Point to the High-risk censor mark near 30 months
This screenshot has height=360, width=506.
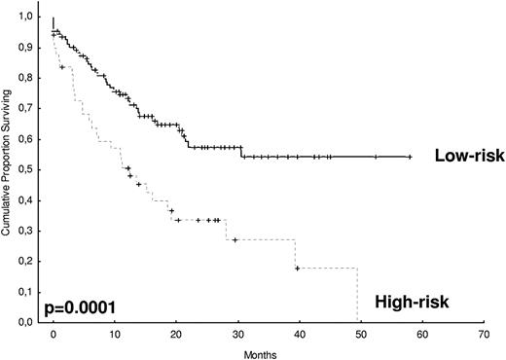tap(235, 239)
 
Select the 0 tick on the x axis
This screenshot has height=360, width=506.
tap(54, 333)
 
